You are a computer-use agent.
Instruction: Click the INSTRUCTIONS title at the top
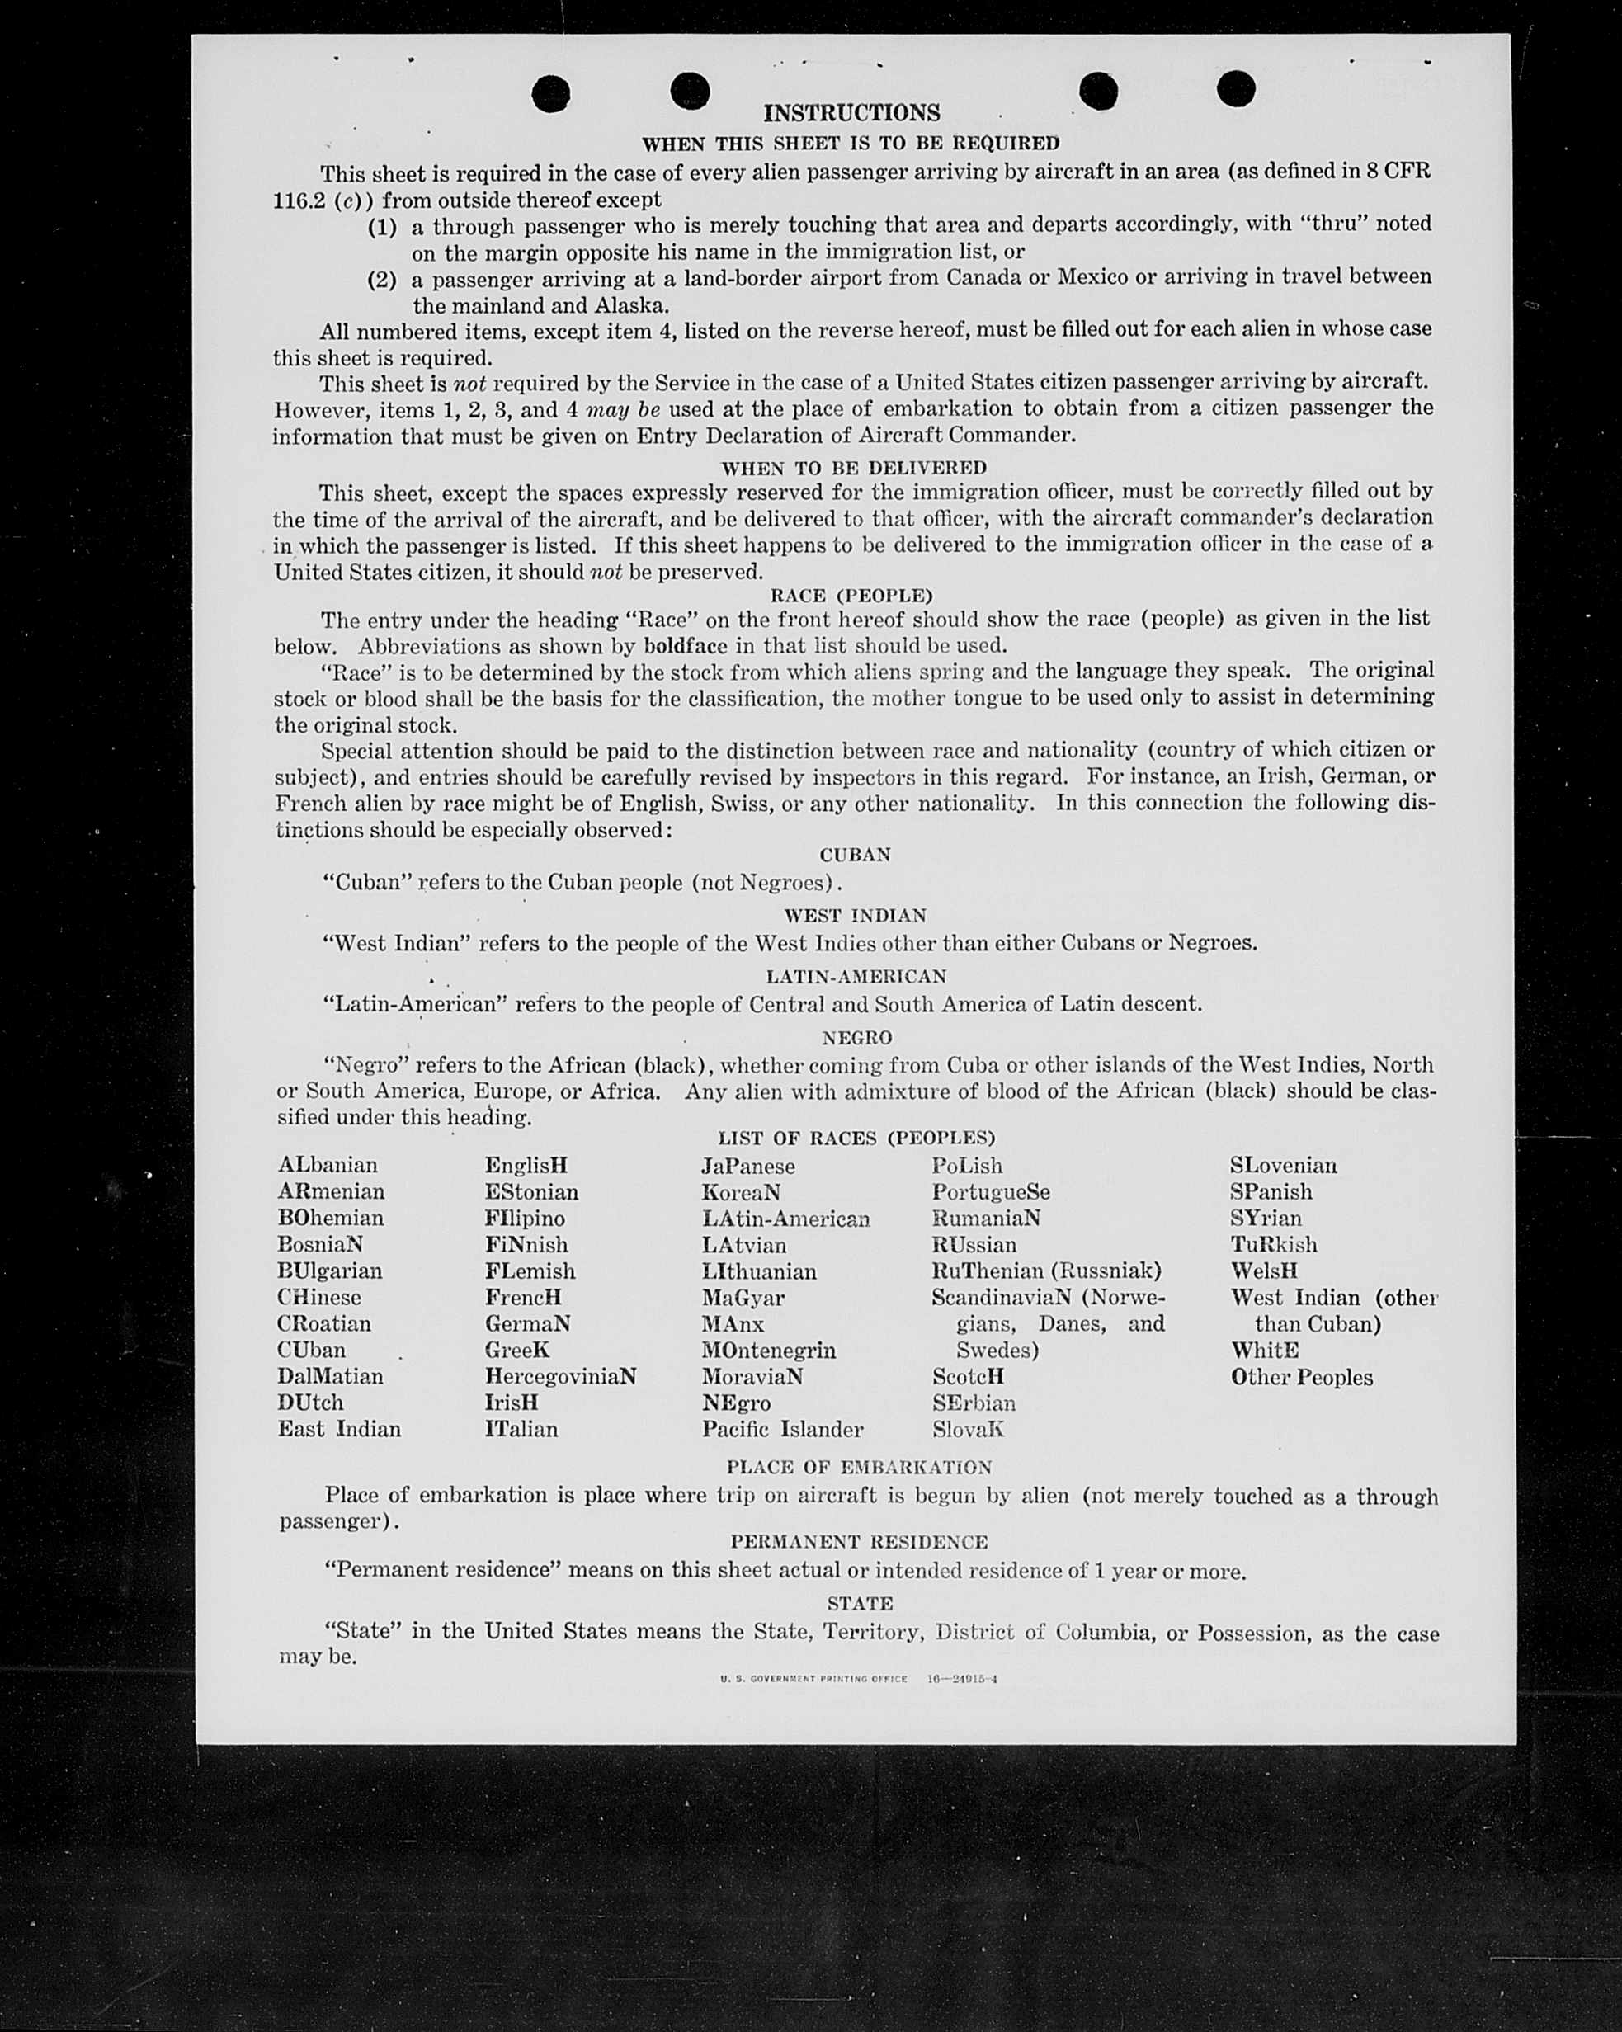pyautogui.click(x=851, y=113)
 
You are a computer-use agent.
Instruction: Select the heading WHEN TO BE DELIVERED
pyautogui.click(x=853, y=468)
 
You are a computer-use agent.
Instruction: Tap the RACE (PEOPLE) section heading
pyautogui.click(x=851, y=596)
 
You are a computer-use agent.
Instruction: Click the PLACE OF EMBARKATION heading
pyautogui.click(x=859, y=1468)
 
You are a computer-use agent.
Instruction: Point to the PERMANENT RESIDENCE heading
pyautogui.click(x=859, y=1542)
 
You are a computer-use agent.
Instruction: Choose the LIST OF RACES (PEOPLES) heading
pyautogui.click(x=856, y=1138)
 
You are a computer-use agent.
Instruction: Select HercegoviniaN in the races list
pyautogui.click(x=561, y=1376)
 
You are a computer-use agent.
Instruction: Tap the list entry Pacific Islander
pyautogui.click(x=781, y=1429)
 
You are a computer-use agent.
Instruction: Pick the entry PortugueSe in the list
pyautogui.click(x=991, y=1191)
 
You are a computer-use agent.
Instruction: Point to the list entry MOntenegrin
pyautogui.click(x=768, y=1350)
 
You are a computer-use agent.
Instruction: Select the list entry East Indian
pyautogui.click(x=339, y=1429)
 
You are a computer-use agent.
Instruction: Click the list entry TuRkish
pyautogui.click(x=1273, y=1244)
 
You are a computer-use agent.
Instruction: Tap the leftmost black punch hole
pyautogui.click(x=550, y=93)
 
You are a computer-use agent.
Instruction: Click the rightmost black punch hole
pyautogui.click(x=1236, y=90)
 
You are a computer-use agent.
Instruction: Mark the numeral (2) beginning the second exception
pyautogui.click(x=382, y=280)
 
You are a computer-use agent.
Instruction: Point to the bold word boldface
pyautogui.click(x=685, y=647)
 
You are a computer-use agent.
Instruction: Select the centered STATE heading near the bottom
pyautogui.click(x=860, y=1603)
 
